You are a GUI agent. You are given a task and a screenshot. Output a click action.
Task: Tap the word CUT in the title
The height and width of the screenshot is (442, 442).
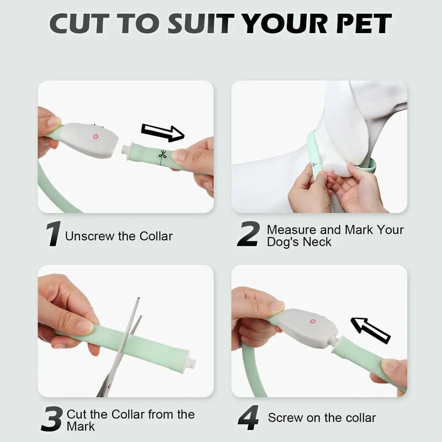tap(80, 23)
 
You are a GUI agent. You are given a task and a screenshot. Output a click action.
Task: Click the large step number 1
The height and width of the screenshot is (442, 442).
tap(53, 234)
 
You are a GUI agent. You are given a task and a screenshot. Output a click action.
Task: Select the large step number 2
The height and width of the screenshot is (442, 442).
tap(248, 234)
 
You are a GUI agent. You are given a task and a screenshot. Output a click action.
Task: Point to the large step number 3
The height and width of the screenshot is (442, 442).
tap(52, 419)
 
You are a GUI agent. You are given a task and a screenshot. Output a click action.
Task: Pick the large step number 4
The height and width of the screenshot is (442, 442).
tap(248, 418)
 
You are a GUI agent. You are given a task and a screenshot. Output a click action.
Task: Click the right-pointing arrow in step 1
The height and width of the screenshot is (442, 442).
tap(162, 133)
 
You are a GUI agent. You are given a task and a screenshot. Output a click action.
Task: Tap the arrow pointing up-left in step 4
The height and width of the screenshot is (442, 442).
tap(370, 330)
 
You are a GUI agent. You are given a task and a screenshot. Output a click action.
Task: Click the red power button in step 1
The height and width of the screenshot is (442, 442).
tap(96, 136)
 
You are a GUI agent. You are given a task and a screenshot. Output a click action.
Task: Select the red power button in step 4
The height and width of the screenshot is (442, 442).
tap(312, 322)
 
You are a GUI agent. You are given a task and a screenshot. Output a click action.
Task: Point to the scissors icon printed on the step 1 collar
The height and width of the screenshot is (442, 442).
tap(162, 155)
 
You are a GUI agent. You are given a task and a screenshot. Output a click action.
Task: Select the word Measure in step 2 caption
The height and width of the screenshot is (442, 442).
tap(292, 230)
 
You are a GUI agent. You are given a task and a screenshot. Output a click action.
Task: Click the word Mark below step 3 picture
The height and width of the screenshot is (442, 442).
tap(81, 427)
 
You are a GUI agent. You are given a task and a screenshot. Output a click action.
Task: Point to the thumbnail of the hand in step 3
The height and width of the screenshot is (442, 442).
tap(85, 327)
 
